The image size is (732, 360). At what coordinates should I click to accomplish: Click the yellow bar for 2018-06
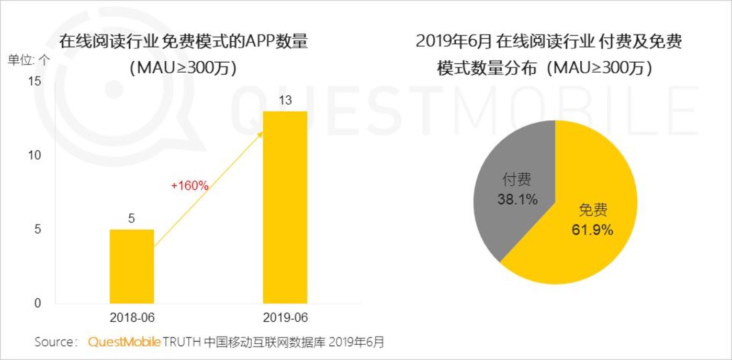(x=131, y=266)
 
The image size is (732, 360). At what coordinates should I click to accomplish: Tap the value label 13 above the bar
(x=285, y=100)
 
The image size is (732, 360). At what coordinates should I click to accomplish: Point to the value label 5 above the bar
(x=131, y=219)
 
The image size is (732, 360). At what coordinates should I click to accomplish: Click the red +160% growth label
(x=190, y=185)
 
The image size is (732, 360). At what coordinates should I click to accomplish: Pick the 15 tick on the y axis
(x=35, y=82)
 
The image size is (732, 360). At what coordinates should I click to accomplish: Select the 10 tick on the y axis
(x=35, y=155)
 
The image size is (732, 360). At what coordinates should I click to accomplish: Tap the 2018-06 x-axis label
(x=131, y=318)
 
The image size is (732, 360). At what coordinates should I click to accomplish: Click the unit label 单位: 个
(x=29, y=60)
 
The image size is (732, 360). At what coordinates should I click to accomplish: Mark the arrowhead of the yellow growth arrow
(x=260, y=134)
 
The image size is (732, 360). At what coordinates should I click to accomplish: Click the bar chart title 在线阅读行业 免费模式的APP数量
(x=183, y=41)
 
